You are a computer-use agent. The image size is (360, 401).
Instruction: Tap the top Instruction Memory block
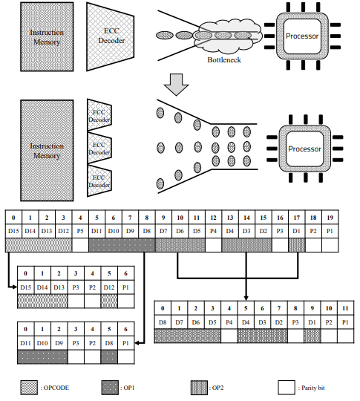tap(46, 38)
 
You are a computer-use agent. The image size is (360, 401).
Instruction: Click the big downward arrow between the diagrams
tap(177, 84)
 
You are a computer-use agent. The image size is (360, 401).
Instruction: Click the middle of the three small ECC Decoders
tap(98, 149)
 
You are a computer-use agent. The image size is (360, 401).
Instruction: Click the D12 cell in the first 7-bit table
tap(108, 287)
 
